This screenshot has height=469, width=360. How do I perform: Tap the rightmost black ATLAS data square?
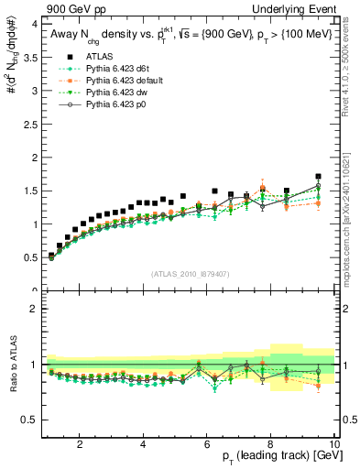[x=318, y=177]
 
